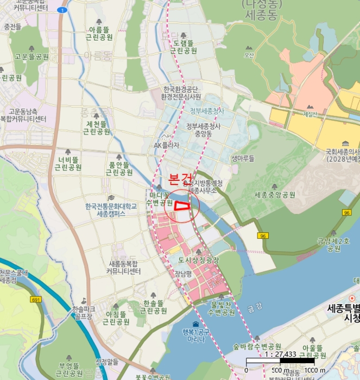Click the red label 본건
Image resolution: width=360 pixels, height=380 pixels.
click(180, 179)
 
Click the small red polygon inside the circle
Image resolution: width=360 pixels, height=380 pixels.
click(181, 205)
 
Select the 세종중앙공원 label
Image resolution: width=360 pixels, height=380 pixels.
click(274, 194)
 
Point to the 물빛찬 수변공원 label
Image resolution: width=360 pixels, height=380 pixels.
click(222, 308)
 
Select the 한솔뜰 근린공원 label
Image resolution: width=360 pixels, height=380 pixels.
click(153, 307)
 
